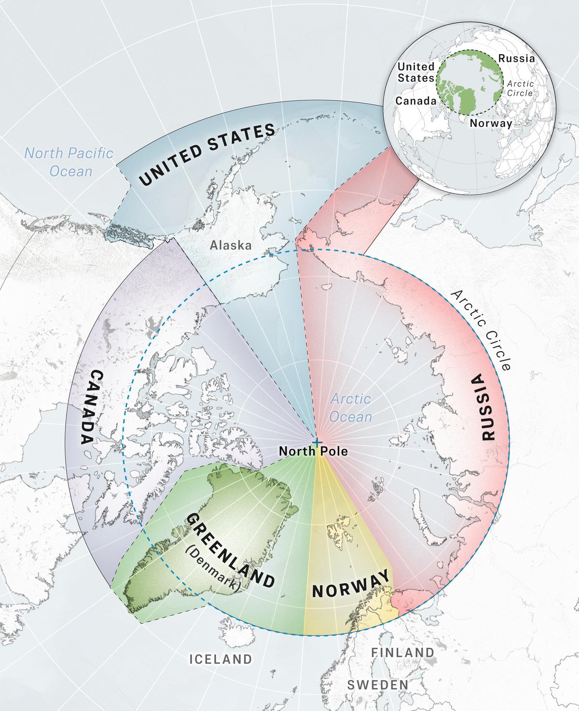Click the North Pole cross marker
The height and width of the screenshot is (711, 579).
click(317, 442)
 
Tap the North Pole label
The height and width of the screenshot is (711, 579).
click(313, 451)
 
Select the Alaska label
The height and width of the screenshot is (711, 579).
click(231, 245)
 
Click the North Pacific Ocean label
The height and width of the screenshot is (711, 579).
click(69, 162)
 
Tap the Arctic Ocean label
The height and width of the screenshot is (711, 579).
click(351, 408)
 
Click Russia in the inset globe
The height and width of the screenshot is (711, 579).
click(516, 58)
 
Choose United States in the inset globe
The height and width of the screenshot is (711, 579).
click(415, 72)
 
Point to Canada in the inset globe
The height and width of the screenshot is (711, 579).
click(415, 101)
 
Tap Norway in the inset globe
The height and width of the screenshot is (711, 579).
click(491, 123)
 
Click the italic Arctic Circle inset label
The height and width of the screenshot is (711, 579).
click(520, 88)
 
